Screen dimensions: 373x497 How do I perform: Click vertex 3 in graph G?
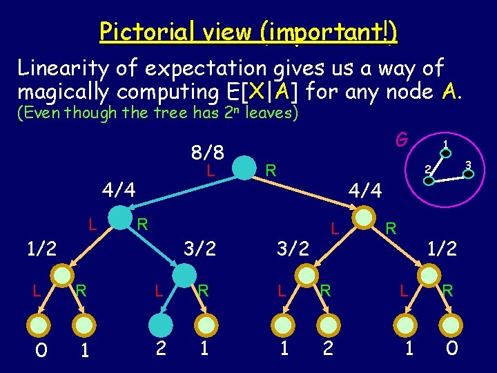(x=468, y=173)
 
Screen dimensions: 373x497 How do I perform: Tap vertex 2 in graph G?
(x=429, y=181)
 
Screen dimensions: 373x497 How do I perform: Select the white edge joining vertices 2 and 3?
(x=449, y=178)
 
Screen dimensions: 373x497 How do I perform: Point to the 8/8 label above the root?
(x=204, y=151)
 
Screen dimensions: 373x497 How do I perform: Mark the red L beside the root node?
(x=213, y=168)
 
